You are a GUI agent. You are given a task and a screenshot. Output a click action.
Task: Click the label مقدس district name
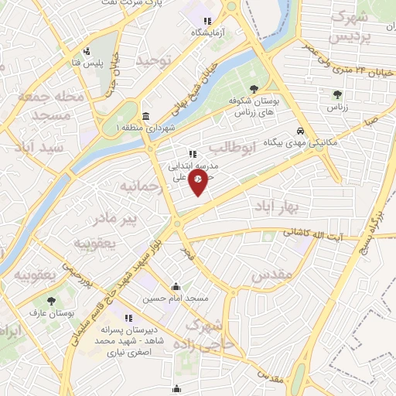point(271,273)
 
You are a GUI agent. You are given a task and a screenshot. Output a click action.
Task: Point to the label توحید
point(153,59)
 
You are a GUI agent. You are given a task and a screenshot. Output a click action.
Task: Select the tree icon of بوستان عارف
point(52,300)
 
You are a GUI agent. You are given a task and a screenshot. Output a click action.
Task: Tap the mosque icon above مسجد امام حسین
point(178,285)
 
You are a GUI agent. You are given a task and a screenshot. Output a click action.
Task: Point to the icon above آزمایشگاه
point(206,21)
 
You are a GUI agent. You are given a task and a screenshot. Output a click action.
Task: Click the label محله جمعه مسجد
point(59,106)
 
